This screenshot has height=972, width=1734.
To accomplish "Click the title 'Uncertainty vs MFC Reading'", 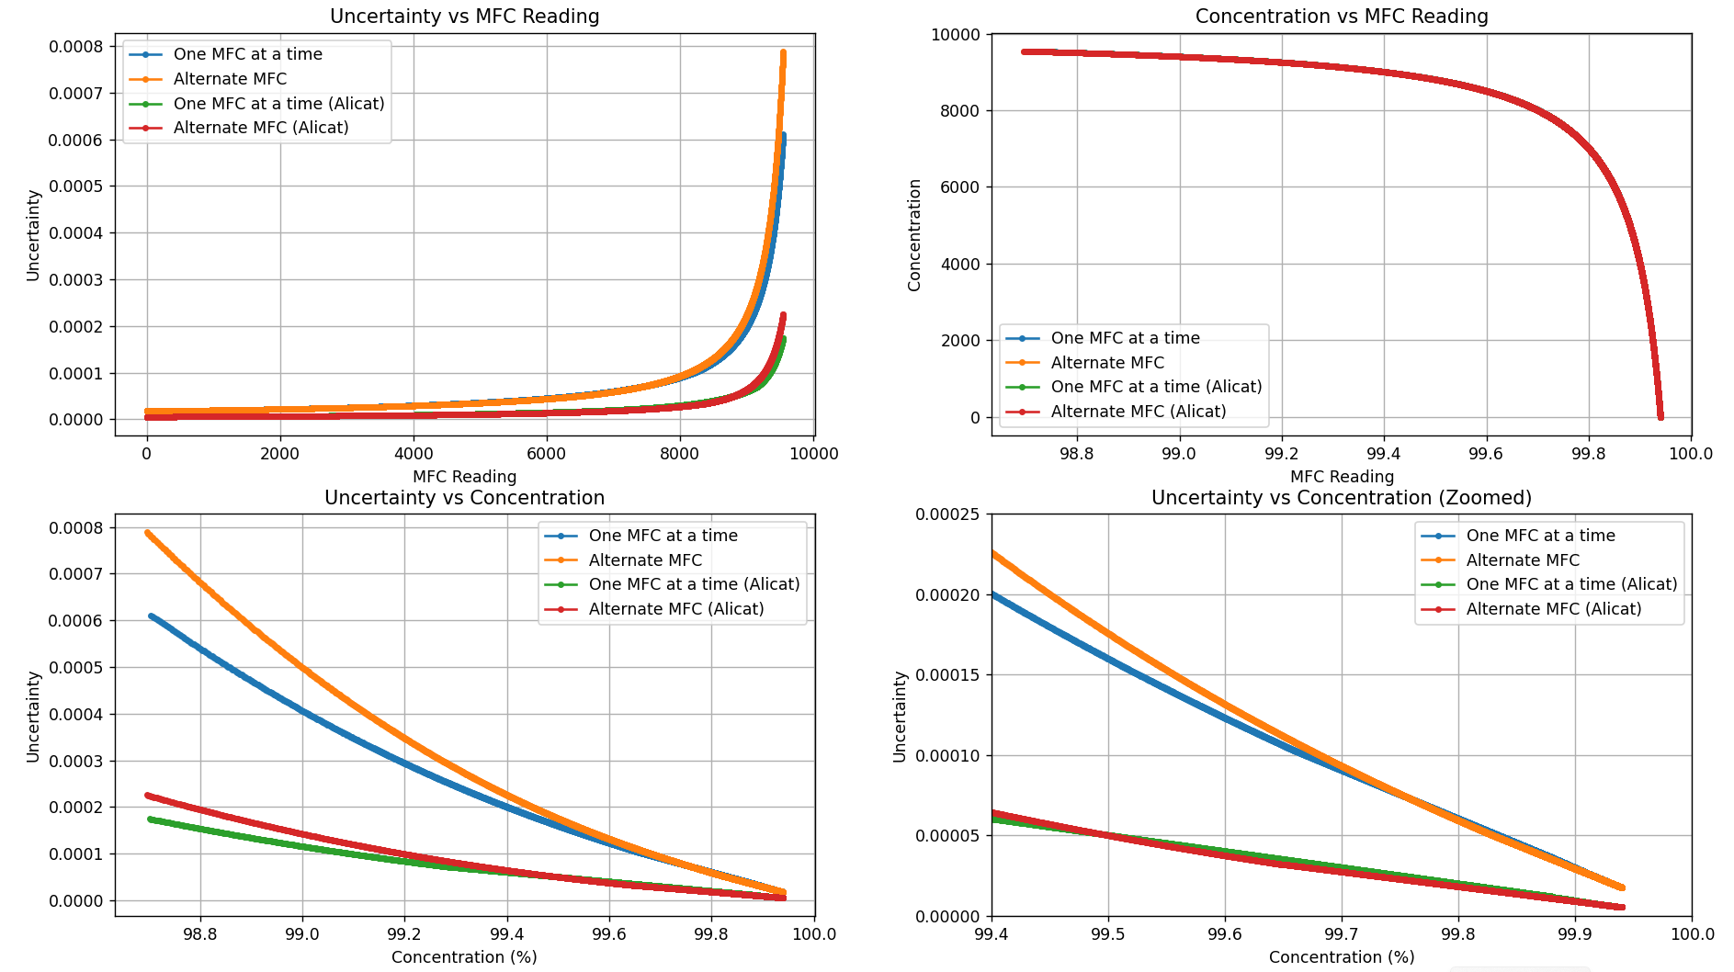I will click(x=464, y=17).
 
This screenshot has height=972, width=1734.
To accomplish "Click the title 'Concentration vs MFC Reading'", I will click(x=1341, y=17).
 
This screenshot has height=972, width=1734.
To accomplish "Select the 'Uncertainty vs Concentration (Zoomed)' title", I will click(x=1341, y=498).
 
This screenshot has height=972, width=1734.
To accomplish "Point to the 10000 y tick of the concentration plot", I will click(x=955, y=35).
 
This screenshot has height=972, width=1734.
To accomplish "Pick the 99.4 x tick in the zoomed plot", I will click(x=992, y=934).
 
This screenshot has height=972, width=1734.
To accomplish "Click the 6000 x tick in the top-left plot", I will click(x=547, y=454).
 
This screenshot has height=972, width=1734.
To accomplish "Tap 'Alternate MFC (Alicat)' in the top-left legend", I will click(x=261, y=129).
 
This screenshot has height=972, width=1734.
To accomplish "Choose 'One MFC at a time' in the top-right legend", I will click(x=1125, y=338).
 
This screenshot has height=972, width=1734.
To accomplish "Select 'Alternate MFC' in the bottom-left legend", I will click(x=645, y=560).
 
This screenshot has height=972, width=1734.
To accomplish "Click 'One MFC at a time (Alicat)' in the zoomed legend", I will click(x=1571, y=584).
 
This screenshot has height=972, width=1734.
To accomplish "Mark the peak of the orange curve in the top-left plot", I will click(x=783, y=53).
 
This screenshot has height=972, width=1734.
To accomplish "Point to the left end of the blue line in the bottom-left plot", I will click(x=151, y=616).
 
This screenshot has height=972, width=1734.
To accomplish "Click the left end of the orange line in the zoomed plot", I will click(x=992, y=553).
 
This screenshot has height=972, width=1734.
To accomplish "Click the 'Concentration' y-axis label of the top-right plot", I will click(x=914, y=235).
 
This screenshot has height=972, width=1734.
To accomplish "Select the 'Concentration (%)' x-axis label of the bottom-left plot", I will click(x=464, y=957).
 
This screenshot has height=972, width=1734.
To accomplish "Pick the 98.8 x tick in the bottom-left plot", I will click(x=199, y=934).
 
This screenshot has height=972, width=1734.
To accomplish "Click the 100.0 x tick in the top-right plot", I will click(x=1691, y=454).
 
